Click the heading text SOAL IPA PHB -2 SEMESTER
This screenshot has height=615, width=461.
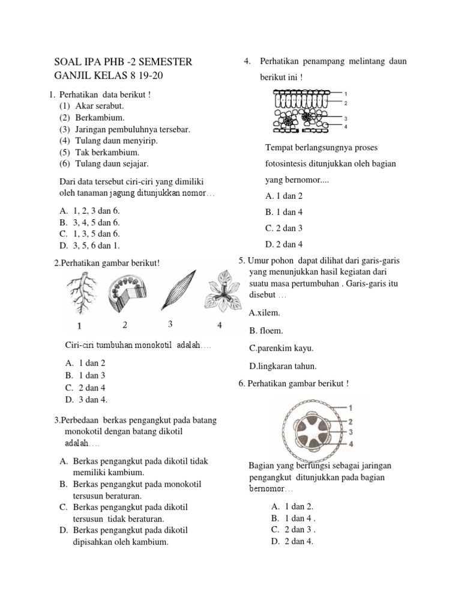click(x=123, y=62)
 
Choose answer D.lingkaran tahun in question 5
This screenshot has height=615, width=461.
click(x=283, y=366)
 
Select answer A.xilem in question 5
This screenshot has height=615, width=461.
click(x=264, y=313)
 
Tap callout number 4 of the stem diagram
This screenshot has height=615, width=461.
click(x=351, y=444)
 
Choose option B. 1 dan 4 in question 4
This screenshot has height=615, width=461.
click(x=283, y=212)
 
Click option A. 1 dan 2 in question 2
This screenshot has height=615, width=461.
click(x=85, y=363)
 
